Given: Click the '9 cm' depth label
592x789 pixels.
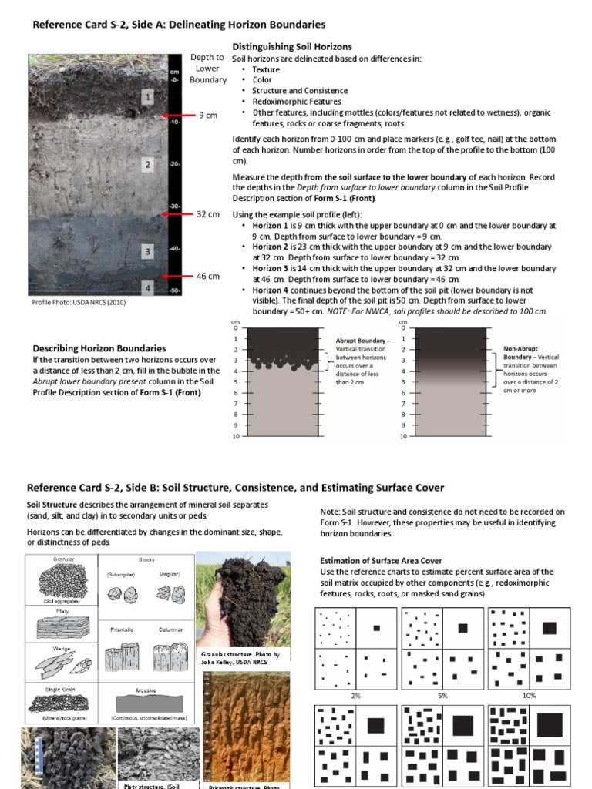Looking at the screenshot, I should [x=207, y=116].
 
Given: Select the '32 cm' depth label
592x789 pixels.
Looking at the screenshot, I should [x=208, y=214].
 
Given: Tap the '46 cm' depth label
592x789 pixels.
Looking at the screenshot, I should [x=208, y=276].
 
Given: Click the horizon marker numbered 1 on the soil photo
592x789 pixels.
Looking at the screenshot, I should [x=147, y=97].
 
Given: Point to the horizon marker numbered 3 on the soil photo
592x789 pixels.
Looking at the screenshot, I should [x=147, y=252].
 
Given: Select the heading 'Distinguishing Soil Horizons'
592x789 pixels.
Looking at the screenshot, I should [x=292, y=47].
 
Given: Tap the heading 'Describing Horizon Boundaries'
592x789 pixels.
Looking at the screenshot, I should [x=99, y=348].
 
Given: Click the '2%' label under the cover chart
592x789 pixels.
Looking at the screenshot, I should [x=355, y=695].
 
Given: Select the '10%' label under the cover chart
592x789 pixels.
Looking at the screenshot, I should [x=529, y=695].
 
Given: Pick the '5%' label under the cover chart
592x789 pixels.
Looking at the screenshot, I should [x=442, y=695].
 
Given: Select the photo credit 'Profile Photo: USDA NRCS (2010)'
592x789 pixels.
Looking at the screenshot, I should [x=79, y=302].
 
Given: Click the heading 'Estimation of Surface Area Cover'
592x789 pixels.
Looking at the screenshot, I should [x=381, y=561].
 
